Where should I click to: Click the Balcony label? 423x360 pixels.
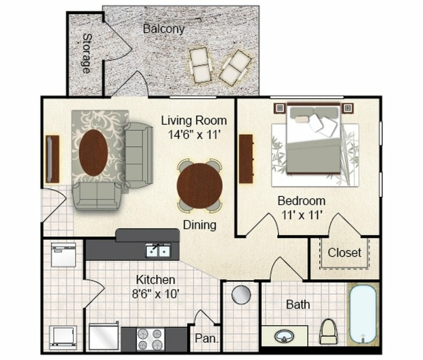coord(164,28)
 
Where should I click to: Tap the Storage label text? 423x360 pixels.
coord(86,54)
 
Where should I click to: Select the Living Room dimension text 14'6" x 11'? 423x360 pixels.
coord(193,135)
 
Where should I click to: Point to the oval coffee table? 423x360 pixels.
coord(93,152)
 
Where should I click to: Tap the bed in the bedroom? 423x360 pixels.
coord(314,140)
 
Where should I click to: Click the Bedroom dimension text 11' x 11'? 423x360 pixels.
coord(301,215)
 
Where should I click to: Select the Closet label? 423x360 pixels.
coord(345,252)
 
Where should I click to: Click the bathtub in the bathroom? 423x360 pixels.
coord(362,314)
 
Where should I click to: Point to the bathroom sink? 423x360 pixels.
coord(284,336)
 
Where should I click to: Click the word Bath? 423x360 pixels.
coord(298,305)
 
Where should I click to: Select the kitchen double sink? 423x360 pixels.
coord(158,250)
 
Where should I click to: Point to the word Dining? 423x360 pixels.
coord(200,225)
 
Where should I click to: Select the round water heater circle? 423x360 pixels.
coord(241,295)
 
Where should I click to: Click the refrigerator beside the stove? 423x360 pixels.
coord(104,336)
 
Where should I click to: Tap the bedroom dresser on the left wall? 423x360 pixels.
coord(246,159)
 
